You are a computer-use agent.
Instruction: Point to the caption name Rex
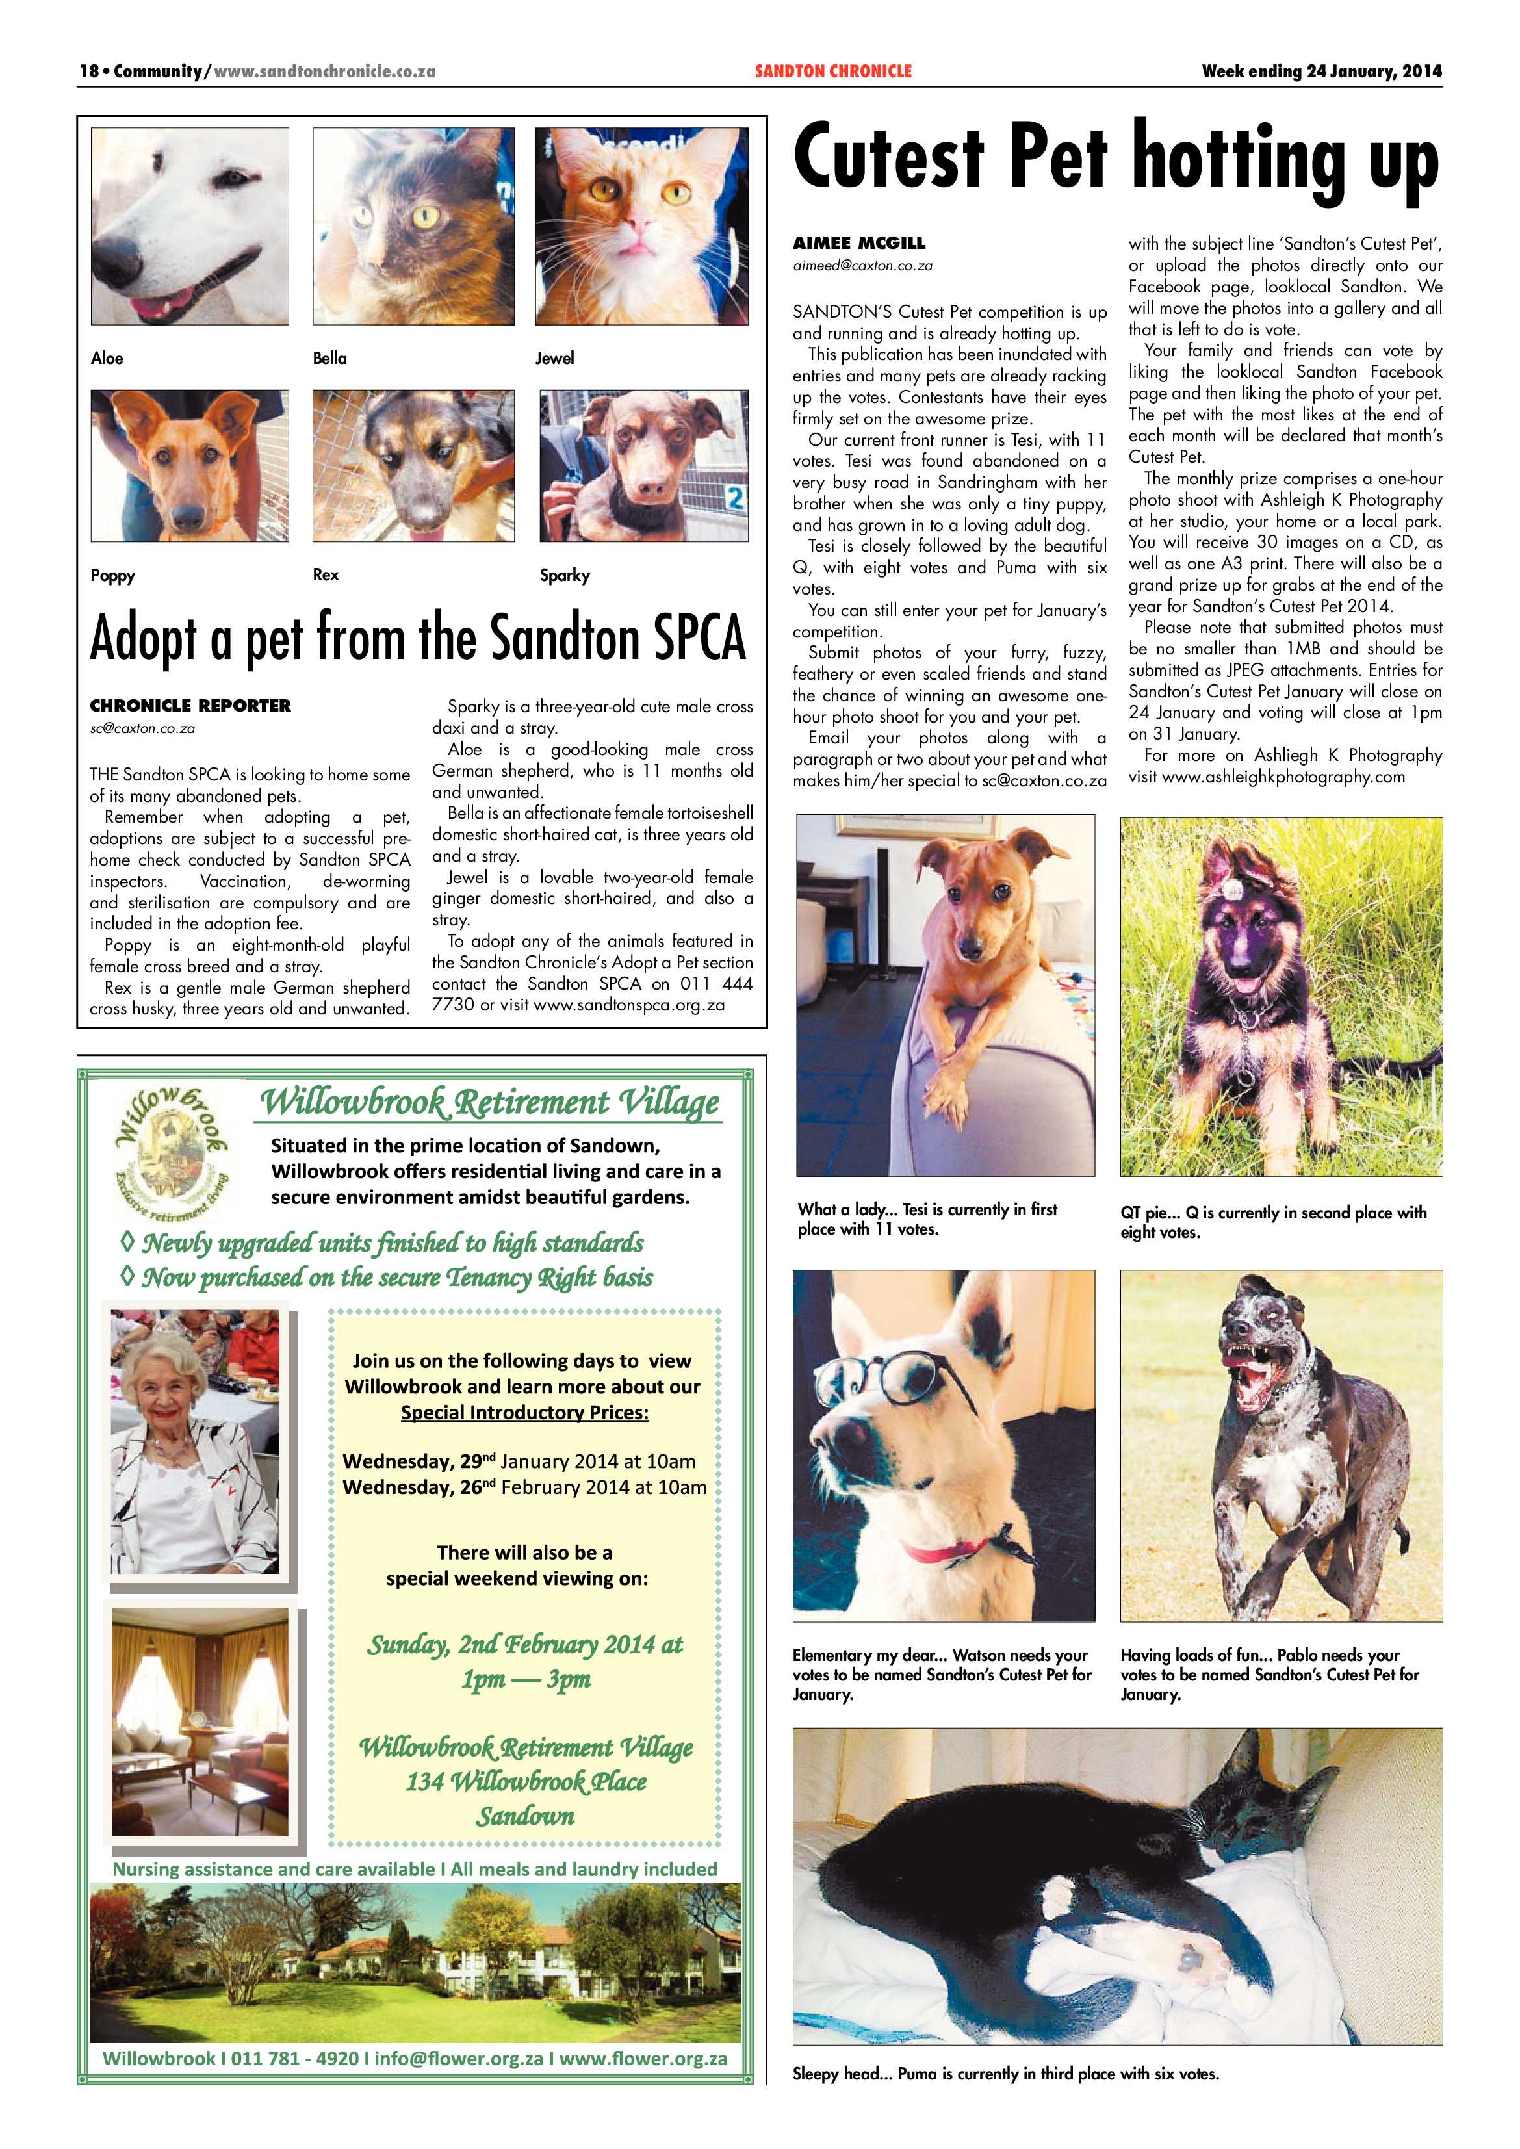click(326, 574)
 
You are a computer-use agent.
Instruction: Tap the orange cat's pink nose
click(640, 227)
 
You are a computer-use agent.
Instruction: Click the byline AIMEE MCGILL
click(858, 242)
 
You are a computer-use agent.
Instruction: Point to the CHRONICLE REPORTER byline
click(190, 705)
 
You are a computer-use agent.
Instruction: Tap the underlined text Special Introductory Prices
click(524, 1412)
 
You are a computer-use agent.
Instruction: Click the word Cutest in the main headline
click(888, 157)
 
